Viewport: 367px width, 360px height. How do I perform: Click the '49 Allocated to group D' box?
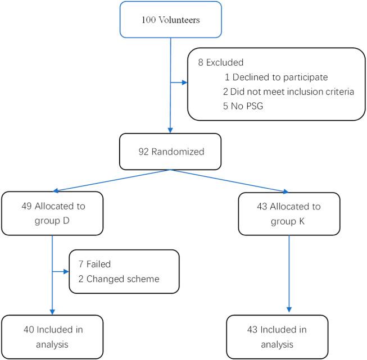53,213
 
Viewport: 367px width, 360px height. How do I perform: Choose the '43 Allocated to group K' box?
288,214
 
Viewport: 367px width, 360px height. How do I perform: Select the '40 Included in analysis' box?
53,337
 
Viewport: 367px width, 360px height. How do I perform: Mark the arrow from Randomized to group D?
112,180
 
